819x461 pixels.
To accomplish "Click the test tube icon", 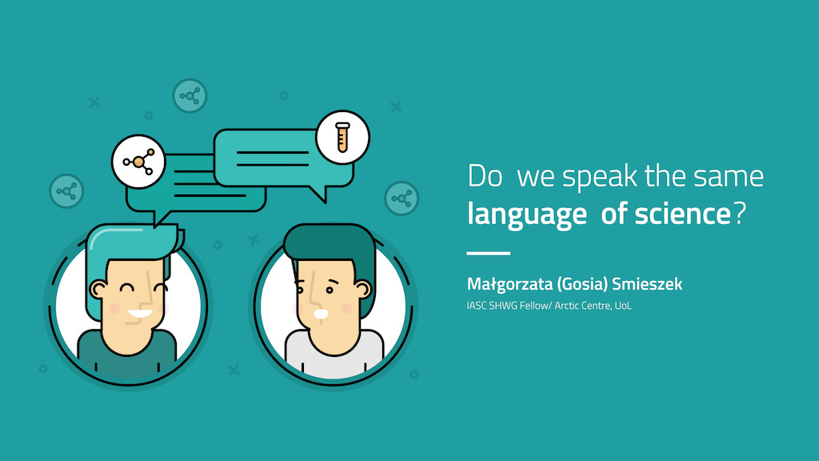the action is click(x=342, y=137).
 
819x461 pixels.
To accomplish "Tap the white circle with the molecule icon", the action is click(x=138, y=162).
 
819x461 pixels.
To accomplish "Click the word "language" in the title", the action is click(x=526, y=214).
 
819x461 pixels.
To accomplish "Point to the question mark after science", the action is click(x=740, y=213).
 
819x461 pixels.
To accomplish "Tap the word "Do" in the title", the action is click(x=485, y=176).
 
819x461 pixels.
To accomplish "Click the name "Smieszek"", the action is click(x=647, y=284).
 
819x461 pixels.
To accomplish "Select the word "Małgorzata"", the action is click(x=509, y=284).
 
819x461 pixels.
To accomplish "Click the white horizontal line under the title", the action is click(x=489, y=253).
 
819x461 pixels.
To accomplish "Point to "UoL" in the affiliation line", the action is click(x=623, y=306).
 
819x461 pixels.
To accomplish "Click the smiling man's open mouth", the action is click(x=140, y=314).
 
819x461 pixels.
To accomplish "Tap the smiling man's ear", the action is click(x=98, y=289).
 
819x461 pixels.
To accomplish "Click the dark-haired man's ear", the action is click(x=363, y=290).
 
